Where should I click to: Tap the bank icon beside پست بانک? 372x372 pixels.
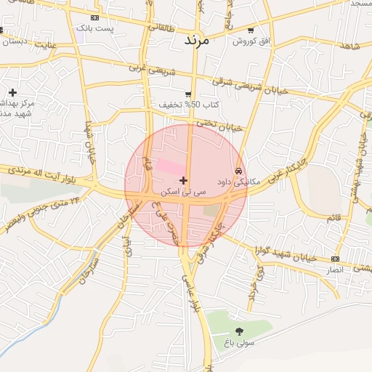point(95,17)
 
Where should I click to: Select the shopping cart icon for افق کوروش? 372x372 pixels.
point(251,31)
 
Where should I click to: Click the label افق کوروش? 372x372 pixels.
point(251,41)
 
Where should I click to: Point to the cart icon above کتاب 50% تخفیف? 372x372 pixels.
point(188,94)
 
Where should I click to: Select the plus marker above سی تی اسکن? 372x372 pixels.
point(183,180)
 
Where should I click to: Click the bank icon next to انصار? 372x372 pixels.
point(335,259)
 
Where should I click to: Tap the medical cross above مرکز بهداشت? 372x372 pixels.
point(12,92)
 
